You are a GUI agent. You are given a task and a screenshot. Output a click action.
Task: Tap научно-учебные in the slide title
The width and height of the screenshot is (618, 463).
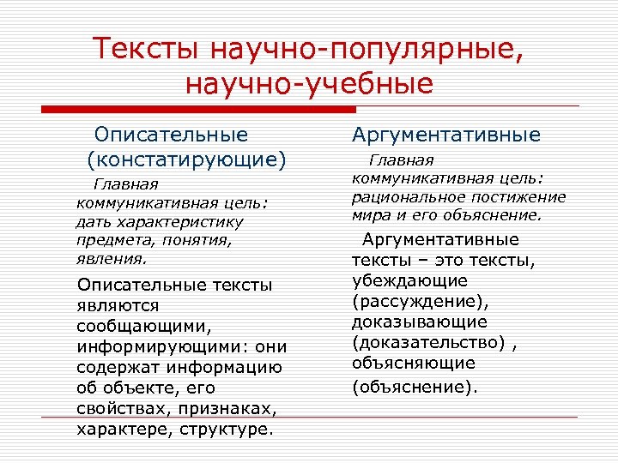point(309,84)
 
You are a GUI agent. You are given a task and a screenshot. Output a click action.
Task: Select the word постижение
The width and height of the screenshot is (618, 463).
point(518,196)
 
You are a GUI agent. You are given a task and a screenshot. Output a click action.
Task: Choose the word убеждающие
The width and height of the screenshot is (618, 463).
point(409,280)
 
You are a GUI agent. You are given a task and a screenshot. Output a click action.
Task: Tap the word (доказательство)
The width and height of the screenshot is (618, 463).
point(429,342)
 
